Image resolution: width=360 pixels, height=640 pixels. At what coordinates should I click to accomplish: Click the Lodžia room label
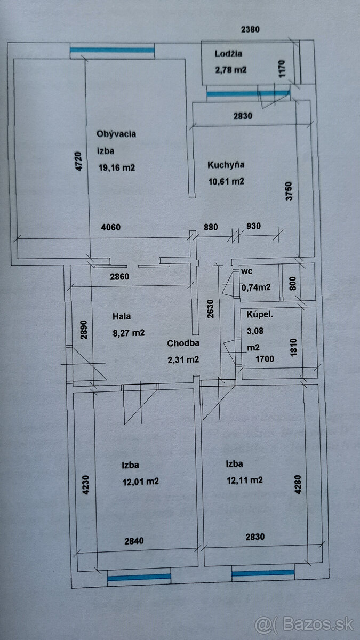click(229, 53)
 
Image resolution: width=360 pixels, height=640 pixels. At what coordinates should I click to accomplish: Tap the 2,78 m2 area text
click(231, 69)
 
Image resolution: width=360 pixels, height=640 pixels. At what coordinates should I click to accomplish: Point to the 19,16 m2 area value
click(117, 167)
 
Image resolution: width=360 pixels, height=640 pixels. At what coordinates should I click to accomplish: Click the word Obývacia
click(116, 134)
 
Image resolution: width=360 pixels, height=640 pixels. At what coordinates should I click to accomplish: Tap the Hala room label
click(122, 316)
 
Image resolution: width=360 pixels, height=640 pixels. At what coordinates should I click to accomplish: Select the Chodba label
click(183, 343)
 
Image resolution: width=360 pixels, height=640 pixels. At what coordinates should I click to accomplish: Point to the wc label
click(246, 271)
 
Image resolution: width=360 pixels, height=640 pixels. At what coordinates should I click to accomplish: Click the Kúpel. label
click(260, 315)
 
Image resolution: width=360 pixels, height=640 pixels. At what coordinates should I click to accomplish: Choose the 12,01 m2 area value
click(140, 481)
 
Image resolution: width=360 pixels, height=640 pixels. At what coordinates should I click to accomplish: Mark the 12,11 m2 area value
click(245, 480)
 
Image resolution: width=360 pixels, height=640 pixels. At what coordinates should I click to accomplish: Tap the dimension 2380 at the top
click(250, 30)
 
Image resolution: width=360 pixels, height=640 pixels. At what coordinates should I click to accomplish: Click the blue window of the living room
click(112, 50)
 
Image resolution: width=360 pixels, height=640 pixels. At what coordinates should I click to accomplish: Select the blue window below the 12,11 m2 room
click(263, 573)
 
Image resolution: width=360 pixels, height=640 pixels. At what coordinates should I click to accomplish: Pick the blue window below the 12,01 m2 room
click(139, 577)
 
